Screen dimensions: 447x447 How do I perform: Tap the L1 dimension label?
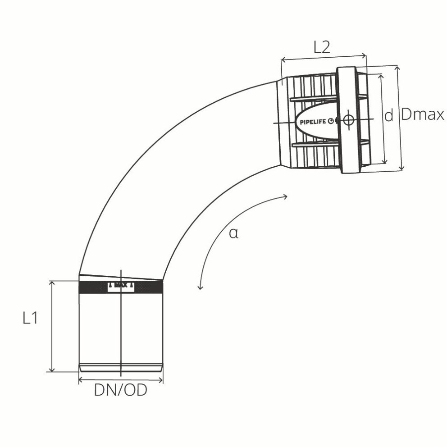30,319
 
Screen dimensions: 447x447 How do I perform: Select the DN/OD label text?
120,391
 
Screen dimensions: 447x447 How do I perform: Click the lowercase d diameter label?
388,116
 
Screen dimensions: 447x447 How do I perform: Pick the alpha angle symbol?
233,233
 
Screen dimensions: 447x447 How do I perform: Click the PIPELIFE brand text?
314,121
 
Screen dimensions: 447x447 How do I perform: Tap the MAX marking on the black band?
120,286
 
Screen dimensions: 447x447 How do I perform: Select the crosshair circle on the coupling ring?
348,120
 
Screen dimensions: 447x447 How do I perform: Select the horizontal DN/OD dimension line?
120,380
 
